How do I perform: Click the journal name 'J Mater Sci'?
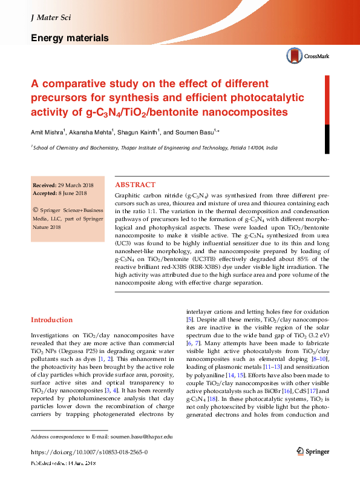point(51,18)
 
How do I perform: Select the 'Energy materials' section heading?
point(70,38)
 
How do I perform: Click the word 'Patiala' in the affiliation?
point(224,147)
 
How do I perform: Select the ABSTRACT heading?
point(135,185)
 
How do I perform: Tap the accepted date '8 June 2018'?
point(73,193)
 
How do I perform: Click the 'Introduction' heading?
point(51,320)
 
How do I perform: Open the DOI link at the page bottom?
point(89,452)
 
